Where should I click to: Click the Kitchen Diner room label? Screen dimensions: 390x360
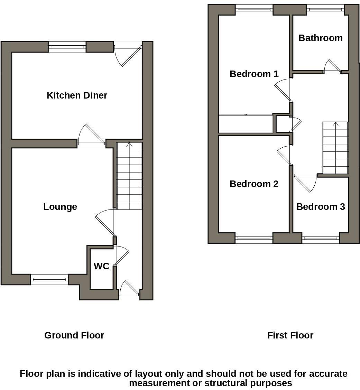(77, 95)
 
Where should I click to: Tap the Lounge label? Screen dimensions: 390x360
(60, 207)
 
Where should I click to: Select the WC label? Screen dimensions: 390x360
(101, 266)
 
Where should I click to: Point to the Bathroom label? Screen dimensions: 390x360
(320, 38)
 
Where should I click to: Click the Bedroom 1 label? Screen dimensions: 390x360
(254, 74)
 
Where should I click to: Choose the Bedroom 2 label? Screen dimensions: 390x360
(254, 184)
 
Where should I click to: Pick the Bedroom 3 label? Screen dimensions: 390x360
(321, 207)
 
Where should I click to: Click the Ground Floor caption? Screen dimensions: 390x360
(74, 335)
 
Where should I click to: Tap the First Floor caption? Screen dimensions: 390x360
(290, 335)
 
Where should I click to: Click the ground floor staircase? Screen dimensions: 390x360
(129, 176)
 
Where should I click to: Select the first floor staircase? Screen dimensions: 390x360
(335, 148)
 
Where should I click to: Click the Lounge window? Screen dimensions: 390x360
(49, 279)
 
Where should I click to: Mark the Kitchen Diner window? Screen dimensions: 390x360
(67, 47)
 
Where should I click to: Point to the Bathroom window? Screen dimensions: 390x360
(325, 10)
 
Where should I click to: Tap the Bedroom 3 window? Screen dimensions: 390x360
(321, 238)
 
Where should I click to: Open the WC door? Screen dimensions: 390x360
(121, 255)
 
